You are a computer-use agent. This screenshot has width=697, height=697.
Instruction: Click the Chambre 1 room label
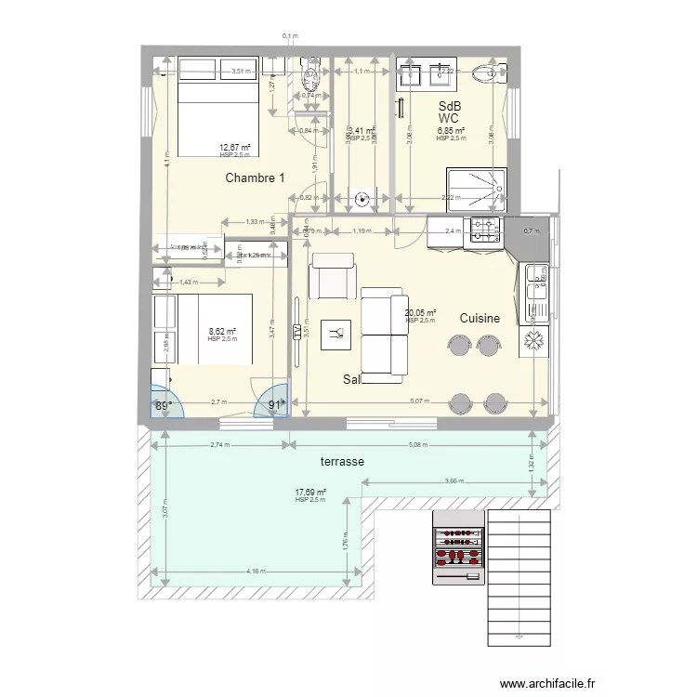click(255, 178)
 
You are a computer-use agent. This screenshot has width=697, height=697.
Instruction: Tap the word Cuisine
click(480, 318)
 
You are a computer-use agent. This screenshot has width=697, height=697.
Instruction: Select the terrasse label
click(316, 461)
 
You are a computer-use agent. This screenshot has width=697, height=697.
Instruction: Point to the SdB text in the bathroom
click(450, 106)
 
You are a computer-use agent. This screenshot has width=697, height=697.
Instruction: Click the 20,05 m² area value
click(420, 313)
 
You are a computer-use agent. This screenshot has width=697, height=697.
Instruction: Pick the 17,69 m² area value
click(310, 493)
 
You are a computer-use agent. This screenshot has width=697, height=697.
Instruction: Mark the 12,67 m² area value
click(235, 148)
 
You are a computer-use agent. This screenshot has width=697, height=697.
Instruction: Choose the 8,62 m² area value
click(222, 331)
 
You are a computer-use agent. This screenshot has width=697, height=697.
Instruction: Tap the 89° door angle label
click(164, 405)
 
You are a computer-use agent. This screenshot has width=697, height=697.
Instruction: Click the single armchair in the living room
click(332, 278)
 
